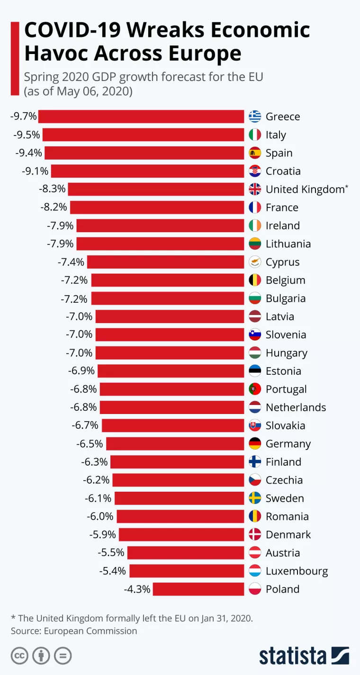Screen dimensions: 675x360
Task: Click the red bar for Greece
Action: point(141,117)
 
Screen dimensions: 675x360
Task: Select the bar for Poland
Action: point(198,589)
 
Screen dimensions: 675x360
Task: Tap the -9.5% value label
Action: point(27,135)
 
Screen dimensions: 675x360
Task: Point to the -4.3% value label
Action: point(137,589)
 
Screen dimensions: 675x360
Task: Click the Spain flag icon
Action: point(255,153)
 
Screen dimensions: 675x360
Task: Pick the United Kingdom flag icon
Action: point(255,189)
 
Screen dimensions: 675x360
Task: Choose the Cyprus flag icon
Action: point(255,262)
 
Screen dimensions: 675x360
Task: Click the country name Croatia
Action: point(283,171)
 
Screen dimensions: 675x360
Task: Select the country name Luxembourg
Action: point(297,571)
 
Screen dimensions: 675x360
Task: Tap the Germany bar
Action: point(175,444)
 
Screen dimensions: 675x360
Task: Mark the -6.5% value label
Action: point(90,444)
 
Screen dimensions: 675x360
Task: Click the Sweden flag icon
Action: point(255,498)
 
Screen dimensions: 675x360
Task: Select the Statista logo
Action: point(304,656)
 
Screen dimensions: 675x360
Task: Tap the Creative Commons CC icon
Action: point(19,656)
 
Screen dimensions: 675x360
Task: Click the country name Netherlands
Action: point(296,407)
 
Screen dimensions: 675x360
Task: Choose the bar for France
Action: point(157,207)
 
